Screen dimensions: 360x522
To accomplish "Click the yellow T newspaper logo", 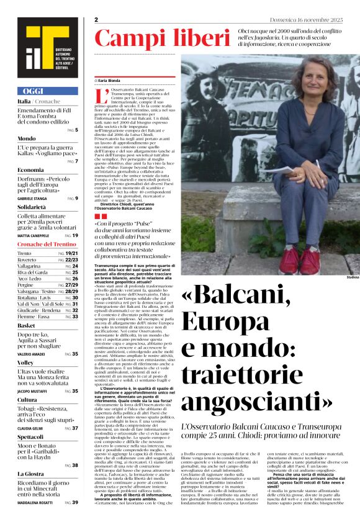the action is tap(47, 46).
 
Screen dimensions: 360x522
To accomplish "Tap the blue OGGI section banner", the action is tap(47, 91).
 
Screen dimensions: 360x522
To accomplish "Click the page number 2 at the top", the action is tap(96, 20).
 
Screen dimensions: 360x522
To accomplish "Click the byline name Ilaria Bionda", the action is tap(111, 81).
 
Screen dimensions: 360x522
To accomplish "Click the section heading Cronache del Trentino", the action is tap(47, 244).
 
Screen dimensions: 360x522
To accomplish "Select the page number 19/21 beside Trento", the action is tap(72, 254).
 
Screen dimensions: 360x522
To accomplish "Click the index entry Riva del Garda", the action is tap(32, 272).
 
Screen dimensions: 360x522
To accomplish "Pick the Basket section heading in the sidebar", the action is tap(26, 325).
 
